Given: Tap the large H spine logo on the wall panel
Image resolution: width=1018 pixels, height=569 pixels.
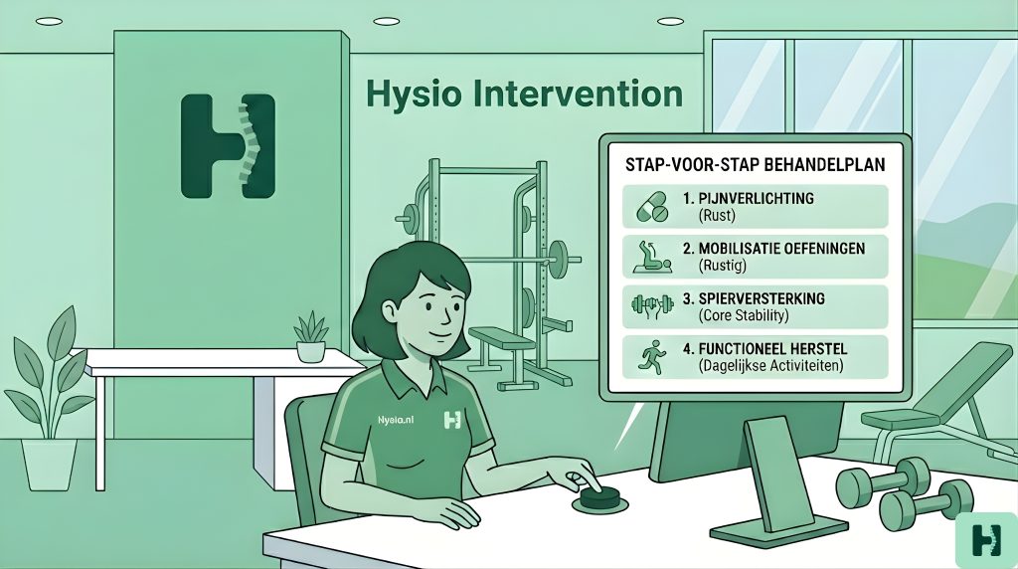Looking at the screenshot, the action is point(228,145).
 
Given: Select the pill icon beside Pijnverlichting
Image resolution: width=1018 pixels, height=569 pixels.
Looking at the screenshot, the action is point(652,207).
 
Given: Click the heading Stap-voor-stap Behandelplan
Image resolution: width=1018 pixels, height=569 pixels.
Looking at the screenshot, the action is point(756,164).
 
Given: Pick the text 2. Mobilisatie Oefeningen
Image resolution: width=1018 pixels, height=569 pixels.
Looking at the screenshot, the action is point(773,248).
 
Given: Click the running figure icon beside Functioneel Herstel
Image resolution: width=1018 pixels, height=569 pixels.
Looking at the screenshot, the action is point(652,356).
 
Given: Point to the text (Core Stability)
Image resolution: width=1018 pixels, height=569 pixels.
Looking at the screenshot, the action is point(744,315).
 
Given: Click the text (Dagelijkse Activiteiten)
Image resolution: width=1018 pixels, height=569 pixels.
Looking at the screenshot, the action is point(770,366).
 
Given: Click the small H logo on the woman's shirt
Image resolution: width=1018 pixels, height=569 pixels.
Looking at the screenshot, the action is point(452,420).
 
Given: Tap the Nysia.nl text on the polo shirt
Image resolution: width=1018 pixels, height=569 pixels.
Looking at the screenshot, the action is point(396,420).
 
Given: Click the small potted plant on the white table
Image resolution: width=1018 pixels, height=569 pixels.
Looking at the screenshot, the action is point(310,336).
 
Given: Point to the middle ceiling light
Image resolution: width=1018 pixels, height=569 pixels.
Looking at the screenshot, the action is point(387,21).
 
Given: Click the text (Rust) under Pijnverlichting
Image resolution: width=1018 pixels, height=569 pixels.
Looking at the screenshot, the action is point(717,216).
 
